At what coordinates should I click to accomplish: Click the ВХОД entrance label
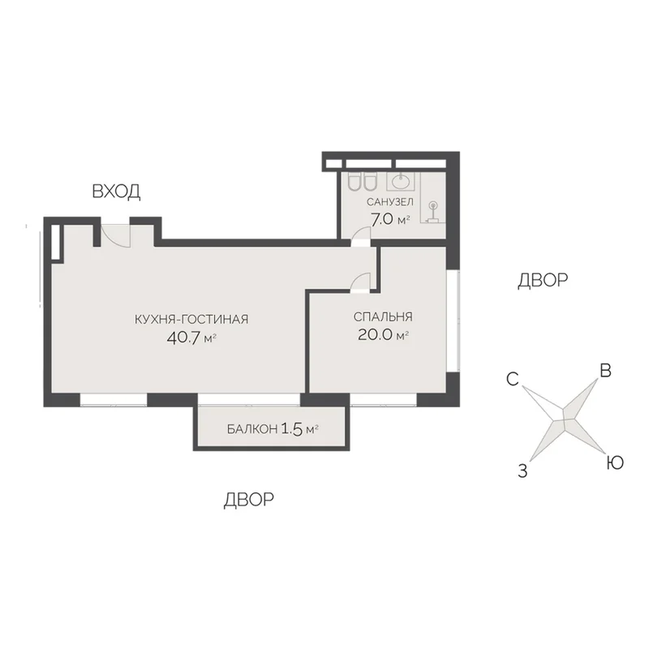116,191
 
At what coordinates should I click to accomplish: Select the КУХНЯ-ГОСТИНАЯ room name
191,319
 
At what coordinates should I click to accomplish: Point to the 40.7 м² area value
191,338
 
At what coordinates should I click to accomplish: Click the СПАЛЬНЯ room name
383,316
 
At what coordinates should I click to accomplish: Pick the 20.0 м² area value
383,335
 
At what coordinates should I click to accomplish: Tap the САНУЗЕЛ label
390,202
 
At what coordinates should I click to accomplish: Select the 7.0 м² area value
390,220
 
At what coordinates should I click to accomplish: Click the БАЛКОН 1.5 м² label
273,429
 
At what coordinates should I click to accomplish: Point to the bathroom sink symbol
401,181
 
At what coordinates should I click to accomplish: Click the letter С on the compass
513,379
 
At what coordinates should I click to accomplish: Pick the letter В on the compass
605,371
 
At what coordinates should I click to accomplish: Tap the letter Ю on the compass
615,462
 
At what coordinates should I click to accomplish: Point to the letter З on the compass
522,471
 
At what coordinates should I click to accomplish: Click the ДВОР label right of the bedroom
543,280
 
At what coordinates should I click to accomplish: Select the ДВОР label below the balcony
249,500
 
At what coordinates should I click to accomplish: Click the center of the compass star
563,419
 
